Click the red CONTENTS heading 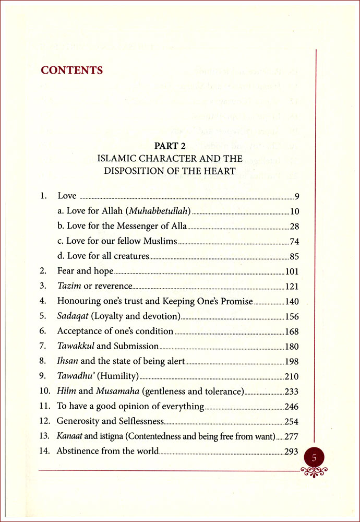tap(72, 70)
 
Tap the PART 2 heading tap(170, 146)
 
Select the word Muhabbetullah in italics tap(163, 211)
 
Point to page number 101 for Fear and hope tap(291, 271)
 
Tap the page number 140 tap(291, 301)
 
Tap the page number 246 tap(291, 406)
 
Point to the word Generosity tap(79, 421)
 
